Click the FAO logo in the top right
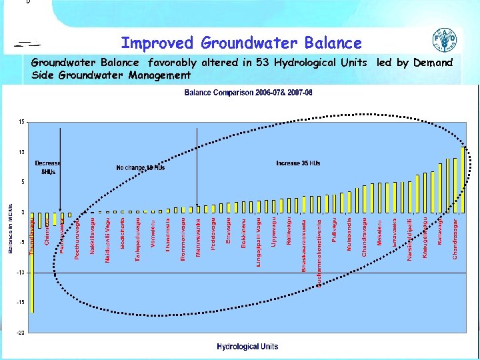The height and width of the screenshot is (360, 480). (x=445, y=41)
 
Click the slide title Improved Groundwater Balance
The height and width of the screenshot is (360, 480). (x=241, y=43)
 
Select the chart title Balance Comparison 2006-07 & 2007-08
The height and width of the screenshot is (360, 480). (x=248, y=92)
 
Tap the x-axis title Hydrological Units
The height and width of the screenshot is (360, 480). (x=247, y=346)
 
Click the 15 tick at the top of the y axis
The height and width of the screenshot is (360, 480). (x=22, y=122)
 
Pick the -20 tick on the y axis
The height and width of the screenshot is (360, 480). (x=21, y=332)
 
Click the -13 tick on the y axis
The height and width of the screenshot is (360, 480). (x=21, y=272)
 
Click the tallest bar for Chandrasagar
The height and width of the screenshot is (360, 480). (x=463, y=179)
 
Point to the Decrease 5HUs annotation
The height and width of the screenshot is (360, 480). (x=47, y=167)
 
